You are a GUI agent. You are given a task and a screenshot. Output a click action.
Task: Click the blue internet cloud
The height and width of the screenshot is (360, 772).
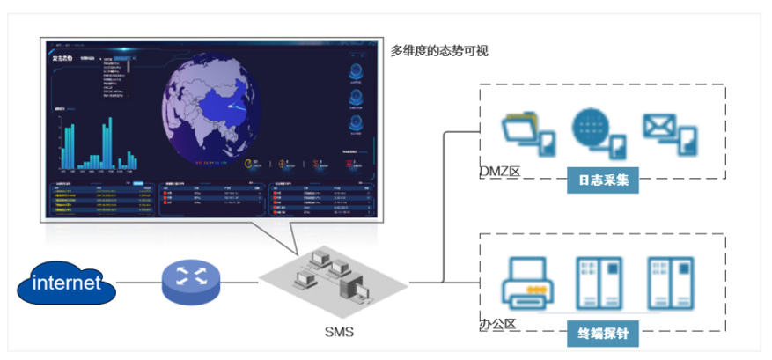65,283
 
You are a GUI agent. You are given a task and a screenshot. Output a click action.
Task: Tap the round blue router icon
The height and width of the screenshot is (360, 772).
188,281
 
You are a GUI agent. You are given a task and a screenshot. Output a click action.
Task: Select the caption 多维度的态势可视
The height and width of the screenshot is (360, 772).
439,51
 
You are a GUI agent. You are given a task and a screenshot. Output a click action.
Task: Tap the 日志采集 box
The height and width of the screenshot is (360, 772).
602,180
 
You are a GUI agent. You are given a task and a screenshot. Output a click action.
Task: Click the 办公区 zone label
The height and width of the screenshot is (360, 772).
497,324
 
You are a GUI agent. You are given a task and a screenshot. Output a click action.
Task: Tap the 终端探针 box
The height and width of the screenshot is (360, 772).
602,333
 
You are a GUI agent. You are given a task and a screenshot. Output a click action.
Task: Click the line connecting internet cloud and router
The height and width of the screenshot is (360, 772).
138,283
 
